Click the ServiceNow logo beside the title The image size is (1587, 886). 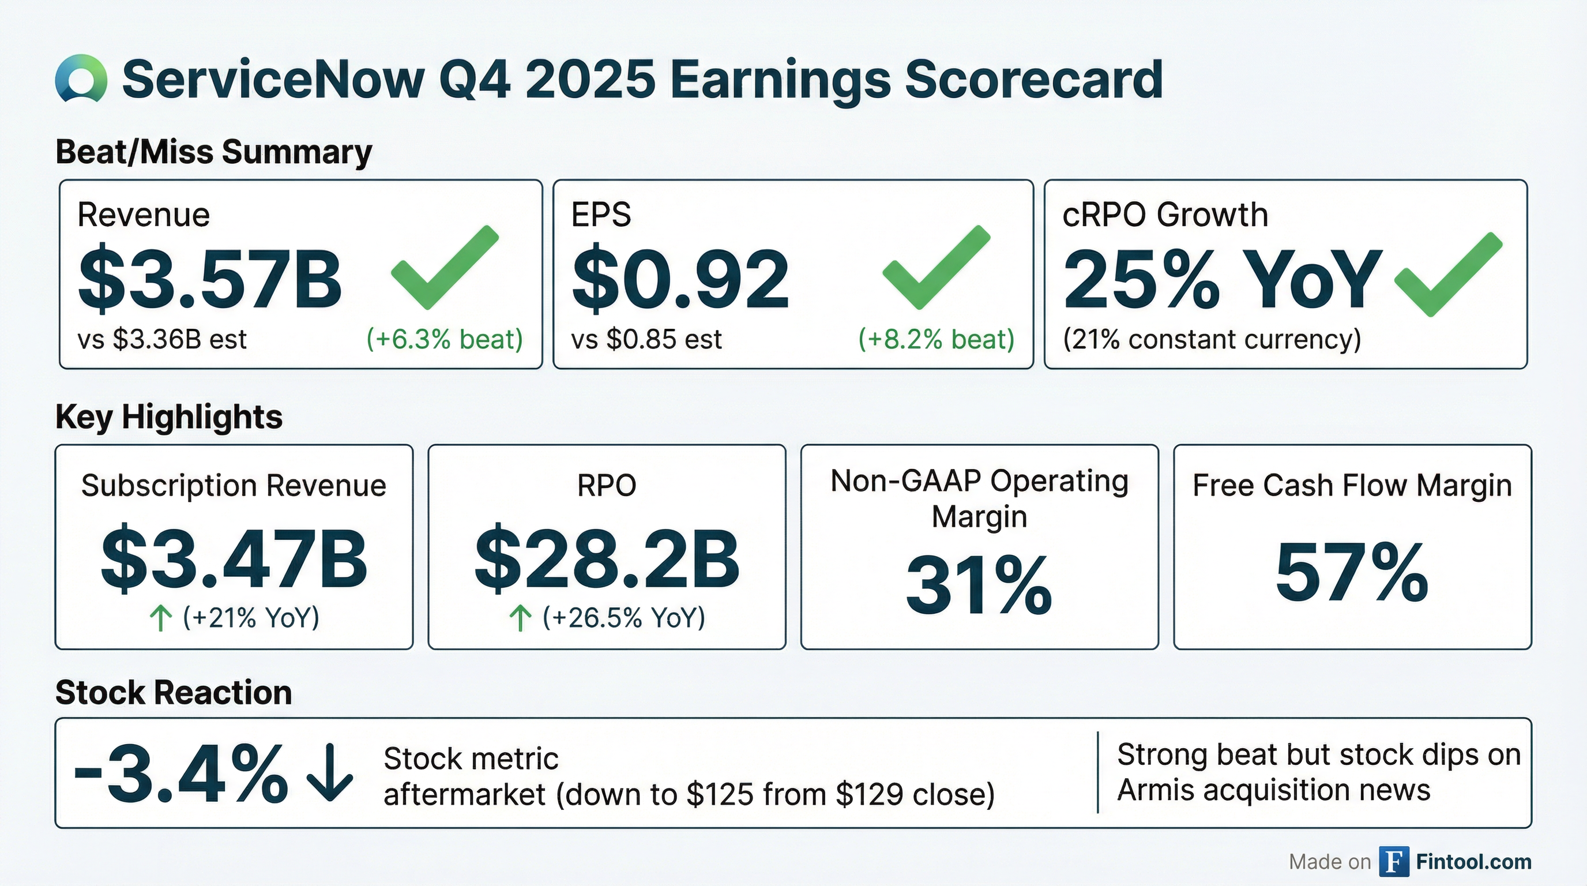[81, 78]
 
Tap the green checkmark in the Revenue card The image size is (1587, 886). [443, 268]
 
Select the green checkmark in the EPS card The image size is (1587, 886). [935, 268]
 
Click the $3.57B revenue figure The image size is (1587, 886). [209, 279]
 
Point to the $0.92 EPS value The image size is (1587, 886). [680, 279]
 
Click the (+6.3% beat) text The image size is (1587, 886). [444, 339]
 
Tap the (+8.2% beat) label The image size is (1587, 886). [936, 339]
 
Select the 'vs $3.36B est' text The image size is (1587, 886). [162, 339]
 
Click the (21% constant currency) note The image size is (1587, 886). [1212, 339]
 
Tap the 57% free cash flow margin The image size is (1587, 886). [1352, 573]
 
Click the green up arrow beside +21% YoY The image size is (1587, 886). [161, 618]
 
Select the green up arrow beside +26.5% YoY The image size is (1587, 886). [521, 618]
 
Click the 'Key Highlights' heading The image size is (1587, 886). [169, 417]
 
